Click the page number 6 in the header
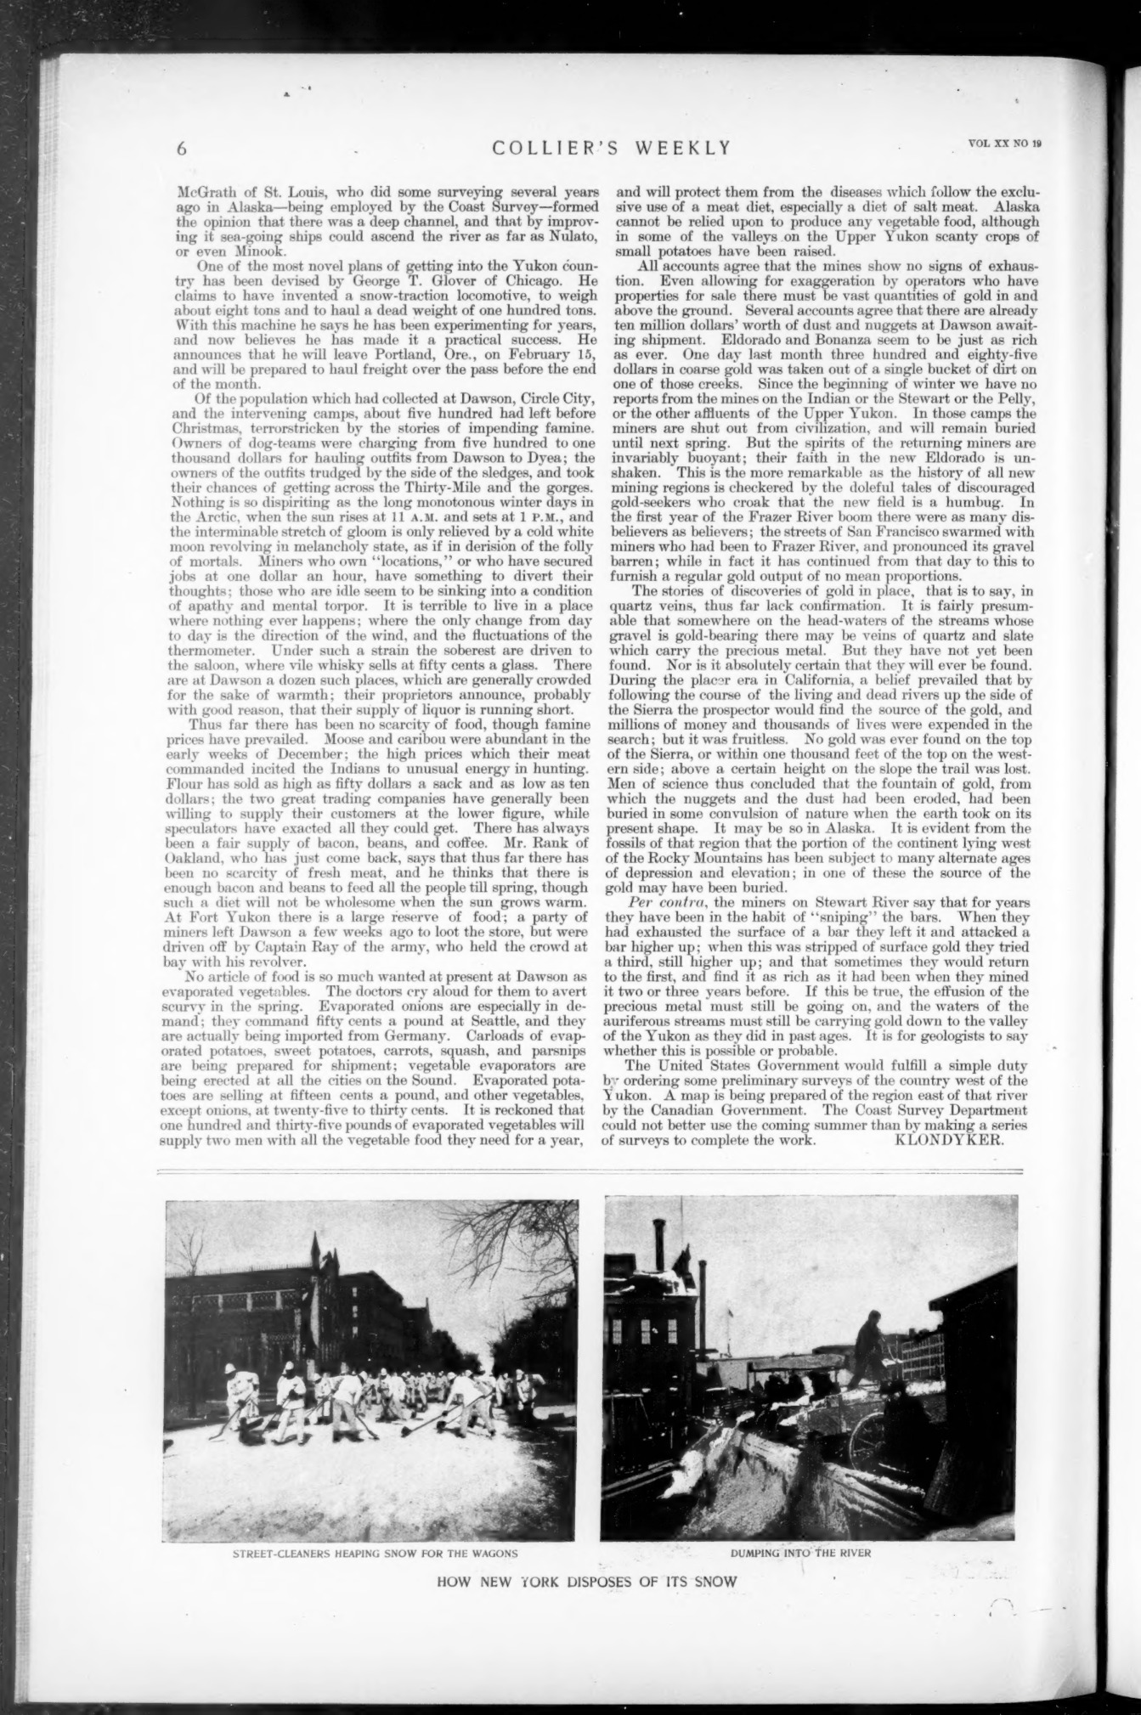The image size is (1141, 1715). click(x=182, y=147)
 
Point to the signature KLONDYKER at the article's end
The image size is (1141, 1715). click(x=950, y=1141)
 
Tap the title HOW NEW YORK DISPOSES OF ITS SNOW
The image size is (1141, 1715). click(x=586, y=1582)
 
